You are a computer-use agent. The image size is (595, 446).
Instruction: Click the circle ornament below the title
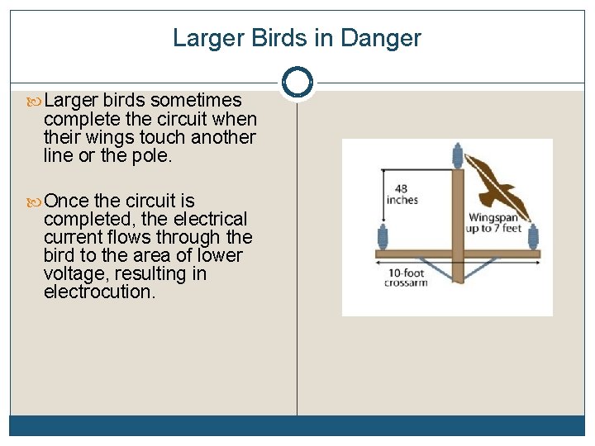tap(297, 83)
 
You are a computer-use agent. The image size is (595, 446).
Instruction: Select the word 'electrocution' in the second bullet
tap(98, 292)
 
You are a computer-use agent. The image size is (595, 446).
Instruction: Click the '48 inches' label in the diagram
tap(402, 195)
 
